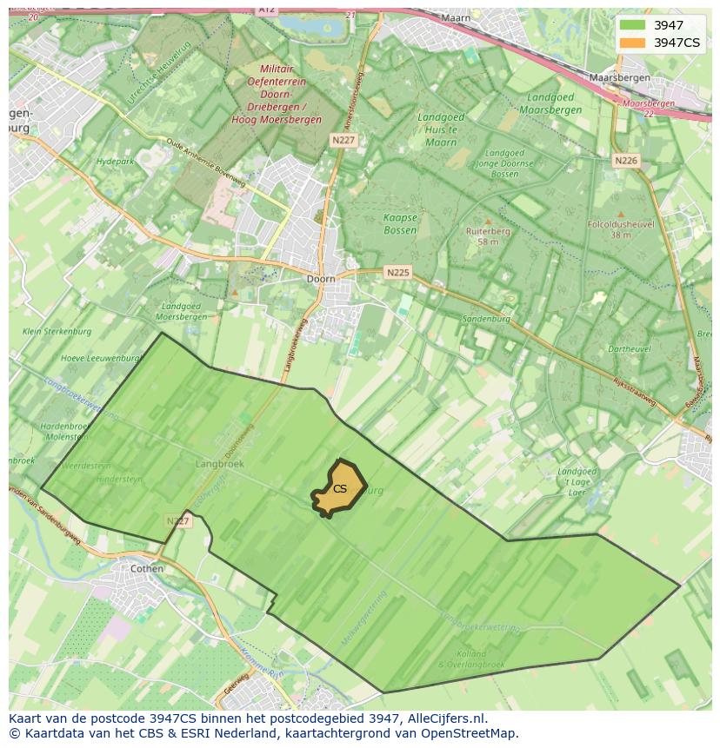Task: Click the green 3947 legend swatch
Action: pyautogui.click(x=632, y=25)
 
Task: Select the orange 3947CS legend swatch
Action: pyautogui.click(x=632, y=43)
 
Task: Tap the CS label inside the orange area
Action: pyautogui.click(x=340, y=489)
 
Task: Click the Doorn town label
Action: pyautogui.click(x=321, y=280)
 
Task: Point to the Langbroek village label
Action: pyautogui.click(x=220, y=464)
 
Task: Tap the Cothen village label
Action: pyautogui.click(x=146, y=568)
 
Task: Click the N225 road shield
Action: pyautogui.click(x=397, y=273)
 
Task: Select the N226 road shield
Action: pyautogui.click(x=625, y=161)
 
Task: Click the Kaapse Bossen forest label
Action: pyautogui.click(x=400, y=224)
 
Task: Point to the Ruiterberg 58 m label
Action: pyautogui.click(x=488, y=236)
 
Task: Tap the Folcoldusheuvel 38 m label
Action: pyautogui.click(x=620, y=228)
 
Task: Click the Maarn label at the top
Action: pyautogui.click(x=456, y=17)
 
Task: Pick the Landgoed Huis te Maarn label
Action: pyautogui.click(x=441, y=129)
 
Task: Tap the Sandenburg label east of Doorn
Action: pyautogui.click(x=486, y=319)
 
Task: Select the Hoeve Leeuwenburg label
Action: pyautogui.click(x=100, y=358)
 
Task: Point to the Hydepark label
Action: pyautogui.click(x=115, y=162)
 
